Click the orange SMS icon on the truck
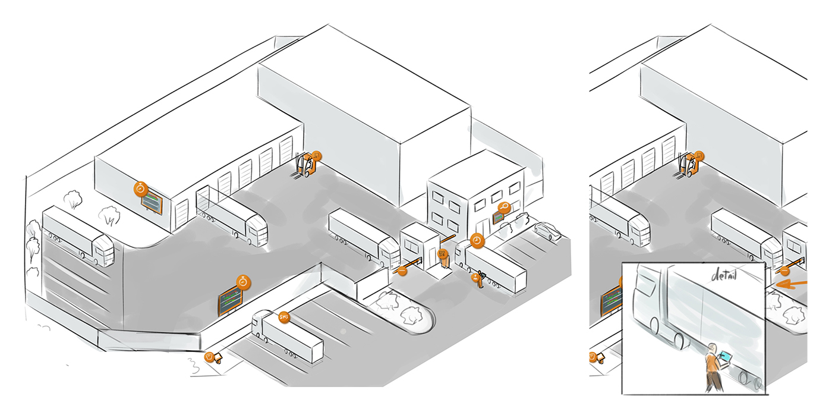click(x=284, y=318)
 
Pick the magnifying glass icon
click(x=505, y=208)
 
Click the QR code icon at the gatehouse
click(x=442, y=254)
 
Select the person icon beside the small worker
click(x=475, y=276)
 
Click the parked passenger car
click(x=547, y=231)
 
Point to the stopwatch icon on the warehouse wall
click(x=141, y=189)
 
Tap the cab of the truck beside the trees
click(x=103, y=250)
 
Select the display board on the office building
click(x=496, y=217)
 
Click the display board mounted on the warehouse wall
click(x=152, y=203)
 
